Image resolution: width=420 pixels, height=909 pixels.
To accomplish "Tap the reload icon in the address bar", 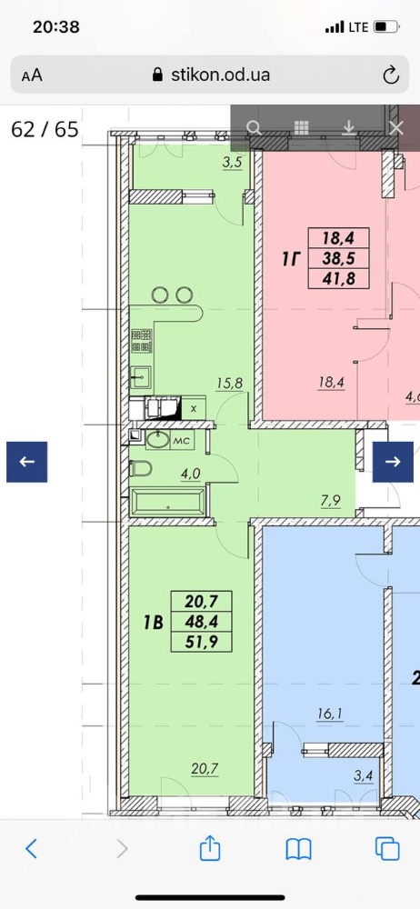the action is (391, 75).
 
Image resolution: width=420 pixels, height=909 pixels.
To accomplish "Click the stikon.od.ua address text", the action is (220, 75).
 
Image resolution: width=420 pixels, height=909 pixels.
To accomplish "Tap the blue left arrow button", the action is (26, 462).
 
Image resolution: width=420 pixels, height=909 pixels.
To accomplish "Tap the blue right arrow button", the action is (393, 462).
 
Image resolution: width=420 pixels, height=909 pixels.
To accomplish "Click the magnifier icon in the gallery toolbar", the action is (254, 127).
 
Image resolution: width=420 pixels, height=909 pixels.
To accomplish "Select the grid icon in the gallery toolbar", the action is (301, 127).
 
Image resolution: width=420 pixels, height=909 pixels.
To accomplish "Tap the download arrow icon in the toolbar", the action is (349, 127).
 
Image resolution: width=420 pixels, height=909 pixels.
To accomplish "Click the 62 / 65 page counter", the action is (45, 129).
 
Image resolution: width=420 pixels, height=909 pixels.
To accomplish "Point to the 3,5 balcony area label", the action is (232, 163).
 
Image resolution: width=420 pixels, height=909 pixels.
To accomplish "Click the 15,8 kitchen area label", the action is (230, 383).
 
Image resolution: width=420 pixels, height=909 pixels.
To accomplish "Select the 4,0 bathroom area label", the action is (190, 473).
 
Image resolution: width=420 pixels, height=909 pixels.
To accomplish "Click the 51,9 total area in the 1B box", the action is (201, 641).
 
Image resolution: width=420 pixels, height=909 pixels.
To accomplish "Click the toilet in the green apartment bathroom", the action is (141, 468).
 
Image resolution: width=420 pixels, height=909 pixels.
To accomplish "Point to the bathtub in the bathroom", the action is (168, 502).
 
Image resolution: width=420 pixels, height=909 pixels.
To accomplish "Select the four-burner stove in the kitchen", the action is (142, 341).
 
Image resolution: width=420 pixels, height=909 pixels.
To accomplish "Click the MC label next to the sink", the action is (182, 441).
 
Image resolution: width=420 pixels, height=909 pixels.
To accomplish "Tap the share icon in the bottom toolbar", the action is (210, 849).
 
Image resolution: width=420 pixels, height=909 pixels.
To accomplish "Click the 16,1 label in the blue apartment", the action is (329, 714).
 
